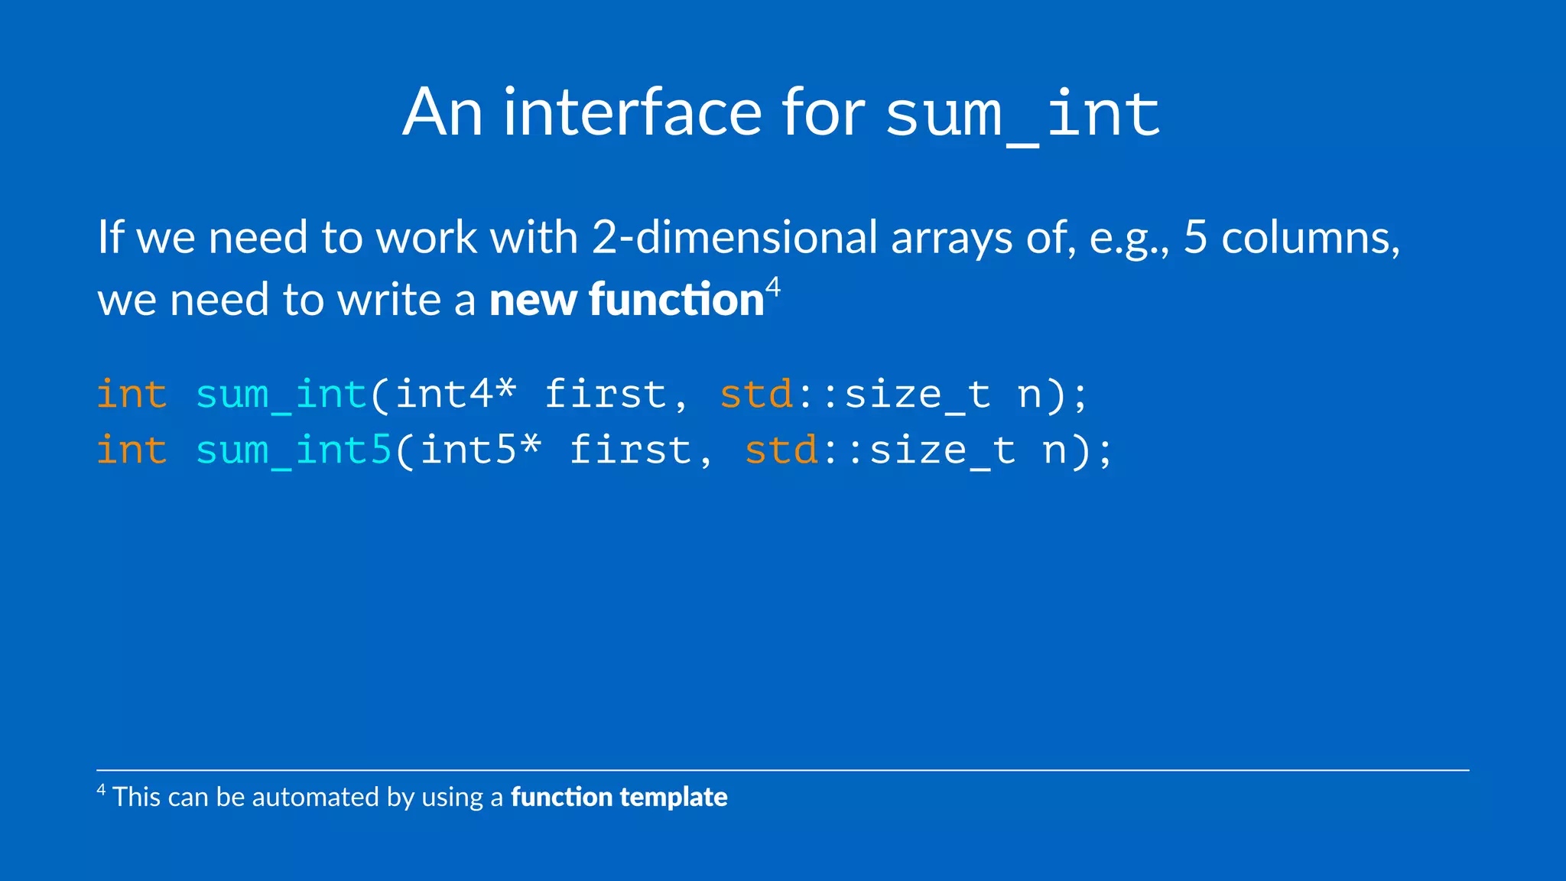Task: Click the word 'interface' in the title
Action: click(x=633, y=113)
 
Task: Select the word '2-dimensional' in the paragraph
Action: click(x=734, y=237)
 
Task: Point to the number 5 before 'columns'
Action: click(x=1195, y=237)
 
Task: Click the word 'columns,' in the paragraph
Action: click(x=1311, y=239)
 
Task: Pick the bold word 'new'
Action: click(x=532, y=300)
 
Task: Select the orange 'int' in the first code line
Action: click(x=132, y=395)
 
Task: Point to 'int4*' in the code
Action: click(x=456, y=395)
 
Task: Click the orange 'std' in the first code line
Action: click(x=756, y=395)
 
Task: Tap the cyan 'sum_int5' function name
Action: click(x=294, y=450)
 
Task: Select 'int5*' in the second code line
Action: click(x=480, y=450)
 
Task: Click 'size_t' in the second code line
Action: click(x=943, y=450)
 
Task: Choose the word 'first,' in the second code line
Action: click(x=641, y=450)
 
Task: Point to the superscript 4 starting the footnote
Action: click(x=101, y=789)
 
